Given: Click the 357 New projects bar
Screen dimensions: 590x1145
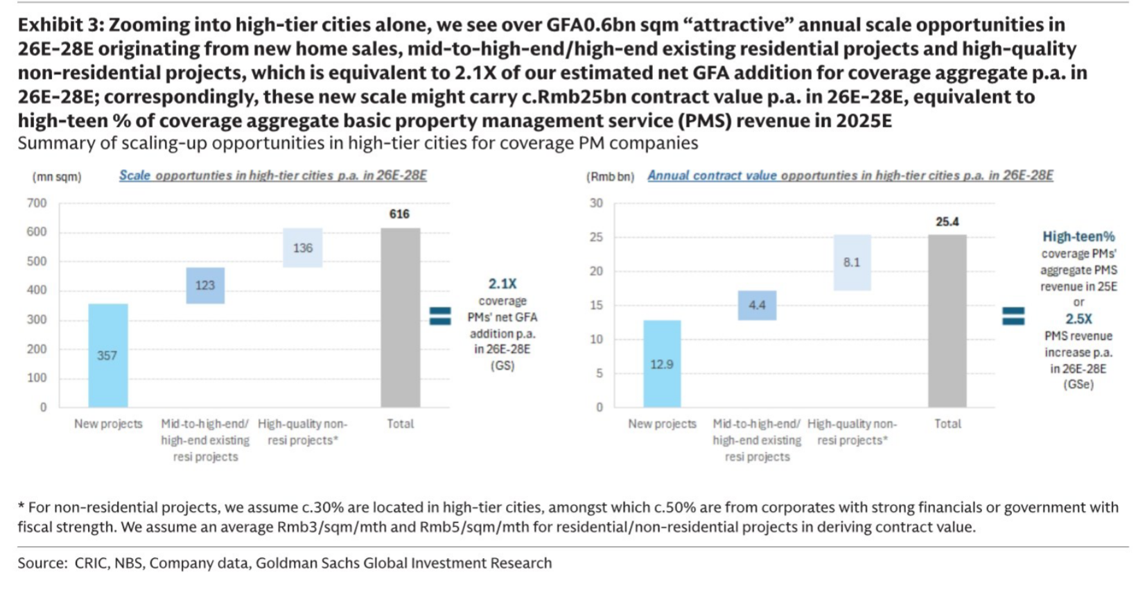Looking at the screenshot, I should pyautogui.click(x=107, y=355).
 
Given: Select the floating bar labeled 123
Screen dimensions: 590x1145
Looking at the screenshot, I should pyautogui.click(x=205, y=285).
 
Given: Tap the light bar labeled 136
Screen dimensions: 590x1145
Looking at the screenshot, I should pyautogui.click(x=302, y=248).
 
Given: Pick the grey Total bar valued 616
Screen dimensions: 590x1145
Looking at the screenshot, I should pyautogui.click(x=400, y=317).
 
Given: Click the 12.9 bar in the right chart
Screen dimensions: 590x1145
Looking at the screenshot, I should pyautogui.click(x=662, y=363).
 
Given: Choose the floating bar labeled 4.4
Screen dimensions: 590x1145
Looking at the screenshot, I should pyautogui.click(x=757, y=305).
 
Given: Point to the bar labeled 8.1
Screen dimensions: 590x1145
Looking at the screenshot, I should pyautogui.click(x=852, y=262).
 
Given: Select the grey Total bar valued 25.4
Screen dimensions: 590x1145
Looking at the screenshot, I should pyautogui.click(x=947, y=320).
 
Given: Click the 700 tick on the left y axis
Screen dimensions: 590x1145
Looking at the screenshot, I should pyautogui.click(x=37, y=203).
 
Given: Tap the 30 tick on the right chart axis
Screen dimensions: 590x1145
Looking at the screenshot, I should pyautogui.click(x=596, y=203).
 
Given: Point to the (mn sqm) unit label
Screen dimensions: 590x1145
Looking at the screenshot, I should pyautogui.click(x=57, y=177).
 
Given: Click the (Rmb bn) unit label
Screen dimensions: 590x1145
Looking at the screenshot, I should pyautogui.click(x=610, y=177).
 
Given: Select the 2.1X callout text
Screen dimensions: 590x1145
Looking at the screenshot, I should pyautogui.click(x=502, y=284).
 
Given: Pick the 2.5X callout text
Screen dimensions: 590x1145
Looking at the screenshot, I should pyautogui.click(x=1078, y=319).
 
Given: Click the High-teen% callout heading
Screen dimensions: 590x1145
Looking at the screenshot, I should pyautogui.click(x=1078, y=236).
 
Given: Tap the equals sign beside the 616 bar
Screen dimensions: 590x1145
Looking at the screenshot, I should pyautogui.click(x=440, y=316).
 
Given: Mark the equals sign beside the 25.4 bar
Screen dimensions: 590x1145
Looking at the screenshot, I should pyautogui.click(x=1013, y=316).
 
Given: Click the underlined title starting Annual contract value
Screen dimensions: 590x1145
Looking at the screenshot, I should pyautogui.click(x=850, y=175).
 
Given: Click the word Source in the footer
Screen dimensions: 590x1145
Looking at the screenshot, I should pyautogui.click(x=42, y=563).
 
